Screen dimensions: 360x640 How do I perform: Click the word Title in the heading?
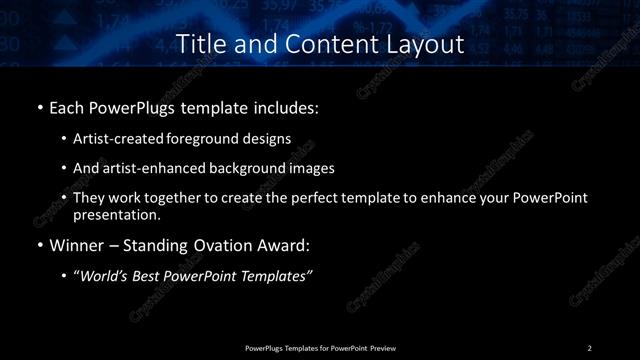click(x=199, y=44)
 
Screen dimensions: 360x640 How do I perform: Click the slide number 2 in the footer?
click(x=590, y=347)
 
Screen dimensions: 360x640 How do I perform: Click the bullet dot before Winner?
click(x=39, y=242)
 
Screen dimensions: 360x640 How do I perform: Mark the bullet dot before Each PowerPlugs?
click(x=39, y=106)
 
